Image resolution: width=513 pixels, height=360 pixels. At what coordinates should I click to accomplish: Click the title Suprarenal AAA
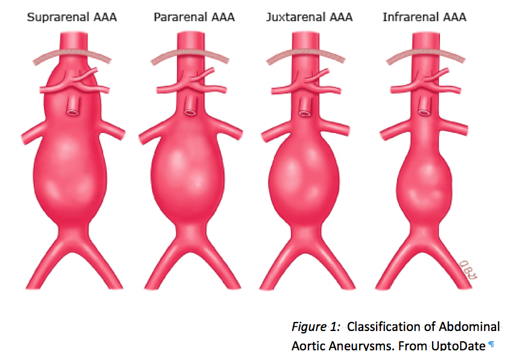pyautogui.click(x=72, y=17)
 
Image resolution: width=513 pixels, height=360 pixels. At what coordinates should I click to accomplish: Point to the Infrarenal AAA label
pyautogui.click(x=424, y=17)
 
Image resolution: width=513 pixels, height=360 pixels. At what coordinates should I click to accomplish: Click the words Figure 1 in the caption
pyautogui.click(x=310, y=327)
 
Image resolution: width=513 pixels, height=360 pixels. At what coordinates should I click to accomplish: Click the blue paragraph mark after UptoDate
pyautogui.click(x=491, y=345)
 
